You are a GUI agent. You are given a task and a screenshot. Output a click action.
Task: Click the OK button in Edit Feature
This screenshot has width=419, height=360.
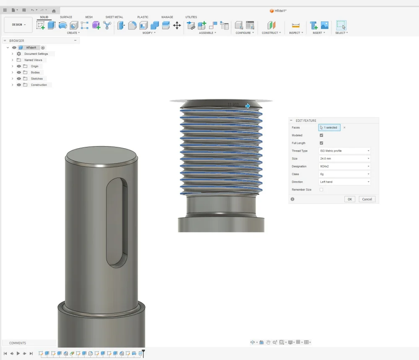click(x=350, y=199)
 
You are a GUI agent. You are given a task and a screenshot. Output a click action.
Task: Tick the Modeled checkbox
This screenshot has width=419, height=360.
click(x=321, y=135)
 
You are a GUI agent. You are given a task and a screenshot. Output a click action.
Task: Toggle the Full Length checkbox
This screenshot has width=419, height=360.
click(x=321, y=143)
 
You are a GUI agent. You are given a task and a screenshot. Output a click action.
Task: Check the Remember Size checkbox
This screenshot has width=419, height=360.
click(x=321, y=190)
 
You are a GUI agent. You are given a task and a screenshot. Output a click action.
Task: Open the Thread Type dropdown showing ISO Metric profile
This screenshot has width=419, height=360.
click(x=344, y=151)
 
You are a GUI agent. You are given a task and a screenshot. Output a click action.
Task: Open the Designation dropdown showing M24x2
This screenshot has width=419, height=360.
click(x=344, y=166)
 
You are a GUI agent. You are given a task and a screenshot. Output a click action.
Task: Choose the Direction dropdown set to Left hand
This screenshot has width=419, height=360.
click(x=344, y=182)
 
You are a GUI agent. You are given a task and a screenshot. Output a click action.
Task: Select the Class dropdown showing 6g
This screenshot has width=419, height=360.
click(x=344, y=174)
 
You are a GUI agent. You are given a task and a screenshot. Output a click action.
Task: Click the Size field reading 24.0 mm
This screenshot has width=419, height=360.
click(x=344, y=159)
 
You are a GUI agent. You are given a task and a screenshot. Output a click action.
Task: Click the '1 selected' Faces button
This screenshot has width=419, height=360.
click(x=329, y=128)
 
